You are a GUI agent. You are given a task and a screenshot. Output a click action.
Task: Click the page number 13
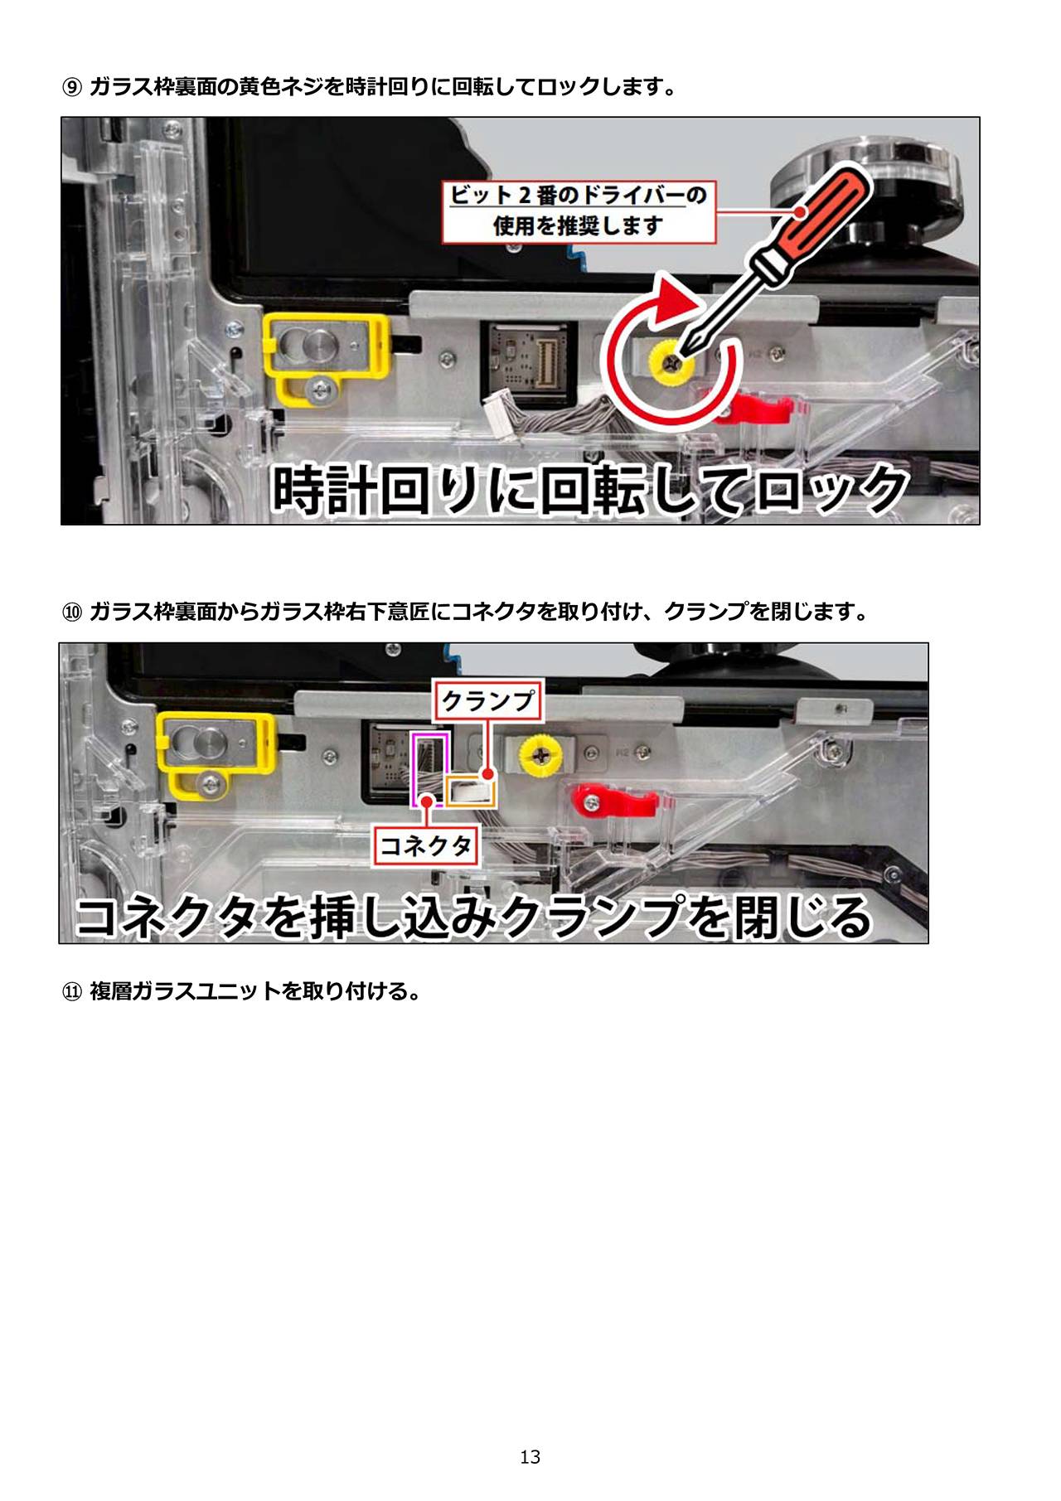click(x=530, y=1456)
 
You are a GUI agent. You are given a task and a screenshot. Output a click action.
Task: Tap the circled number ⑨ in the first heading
click(x=72, y=87)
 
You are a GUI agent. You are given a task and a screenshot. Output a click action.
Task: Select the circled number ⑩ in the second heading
click(x=72, y=613)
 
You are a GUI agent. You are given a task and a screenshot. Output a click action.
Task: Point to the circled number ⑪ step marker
click(x=72, y=991)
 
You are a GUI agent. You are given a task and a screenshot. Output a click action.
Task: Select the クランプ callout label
click(x=488, y=701)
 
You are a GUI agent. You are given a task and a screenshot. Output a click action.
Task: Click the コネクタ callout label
click(x=426, y=846)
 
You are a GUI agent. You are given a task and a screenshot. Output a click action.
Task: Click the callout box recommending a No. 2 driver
click(x=579, y=211)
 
